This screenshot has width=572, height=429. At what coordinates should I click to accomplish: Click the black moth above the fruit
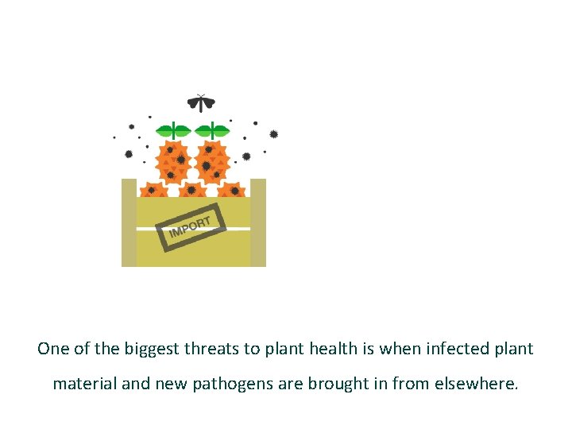(x=201, y=102)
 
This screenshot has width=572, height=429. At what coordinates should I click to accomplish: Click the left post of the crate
(x=129, y=222)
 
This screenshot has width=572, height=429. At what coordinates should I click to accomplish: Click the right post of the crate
(x=258, y=222)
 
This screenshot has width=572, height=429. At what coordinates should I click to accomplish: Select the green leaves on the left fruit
(x=173, y=129)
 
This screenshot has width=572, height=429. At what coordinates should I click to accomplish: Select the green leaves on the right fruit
(x=212, y=129)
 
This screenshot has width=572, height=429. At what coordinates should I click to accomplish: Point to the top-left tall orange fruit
(x=174, y=163)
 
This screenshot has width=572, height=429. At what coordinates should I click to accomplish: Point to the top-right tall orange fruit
(x=211, y=163)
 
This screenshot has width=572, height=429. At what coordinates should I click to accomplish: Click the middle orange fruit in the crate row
(x=192, y=191)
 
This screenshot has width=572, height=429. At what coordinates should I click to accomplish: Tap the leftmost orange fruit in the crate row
(x=153, y=191)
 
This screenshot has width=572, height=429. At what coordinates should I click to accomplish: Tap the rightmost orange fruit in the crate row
(x=232, y=191)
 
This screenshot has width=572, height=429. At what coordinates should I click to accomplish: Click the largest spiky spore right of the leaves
(x=273, y=134)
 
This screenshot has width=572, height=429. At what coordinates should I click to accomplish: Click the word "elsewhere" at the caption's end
(x=476, y=384)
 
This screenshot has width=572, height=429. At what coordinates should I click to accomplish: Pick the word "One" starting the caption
(x=53, y=349)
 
